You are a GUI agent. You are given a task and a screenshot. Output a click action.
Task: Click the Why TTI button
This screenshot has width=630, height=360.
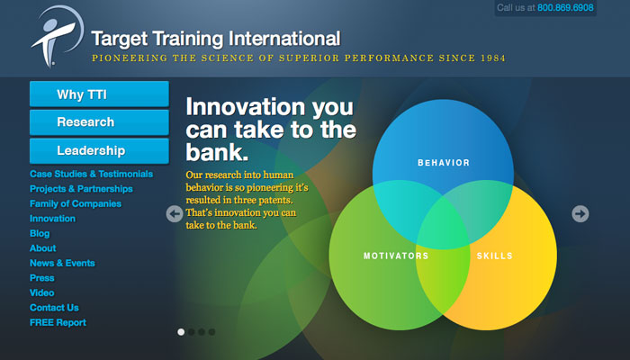coord(99,94)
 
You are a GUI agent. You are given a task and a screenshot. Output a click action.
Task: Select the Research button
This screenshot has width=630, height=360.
coord(99,122)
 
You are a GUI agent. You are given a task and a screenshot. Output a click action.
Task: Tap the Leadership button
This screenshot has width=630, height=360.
coord(99,150)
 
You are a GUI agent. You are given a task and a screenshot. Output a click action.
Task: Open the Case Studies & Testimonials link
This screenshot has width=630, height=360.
coord(91,174)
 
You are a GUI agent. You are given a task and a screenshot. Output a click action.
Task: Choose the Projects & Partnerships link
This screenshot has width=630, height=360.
coord(81,189)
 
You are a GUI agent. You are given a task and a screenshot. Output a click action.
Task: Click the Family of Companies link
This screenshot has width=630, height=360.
coord(76,203)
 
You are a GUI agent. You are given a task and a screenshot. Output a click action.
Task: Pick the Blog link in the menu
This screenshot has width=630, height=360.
coord(40,233)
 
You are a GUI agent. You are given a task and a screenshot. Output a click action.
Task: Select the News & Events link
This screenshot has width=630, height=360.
coord(62,263)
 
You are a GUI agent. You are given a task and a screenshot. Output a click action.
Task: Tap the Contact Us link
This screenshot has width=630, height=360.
coord(54,308)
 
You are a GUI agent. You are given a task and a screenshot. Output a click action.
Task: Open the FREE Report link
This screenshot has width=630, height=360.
coord(58,322)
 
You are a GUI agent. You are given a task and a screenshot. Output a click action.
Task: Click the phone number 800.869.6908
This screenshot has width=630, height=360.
coord(565,7)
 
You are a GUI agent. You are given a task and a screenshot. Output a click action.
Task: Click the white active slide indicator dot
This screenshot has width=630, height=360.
coord(181,332)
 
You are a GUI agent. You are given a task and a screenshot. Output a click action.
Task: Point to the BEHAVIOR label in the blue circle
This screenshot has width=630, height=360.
coord(444,163)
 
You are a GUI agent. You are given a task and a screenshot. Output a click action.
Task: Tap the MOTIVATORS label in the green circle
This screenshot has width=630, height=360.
coord(396,256)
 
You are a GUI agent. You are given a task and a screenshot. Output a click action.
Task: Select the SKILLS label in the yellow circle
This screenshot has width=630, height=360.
coord(495,256)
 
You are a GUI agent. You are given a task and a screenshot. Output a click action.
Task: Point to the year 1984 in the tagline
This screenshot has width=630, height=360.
coord(492,58)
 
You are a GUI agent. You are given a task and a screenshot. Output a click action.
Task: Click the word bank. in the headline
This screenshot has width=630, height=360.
coord(217,152)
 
